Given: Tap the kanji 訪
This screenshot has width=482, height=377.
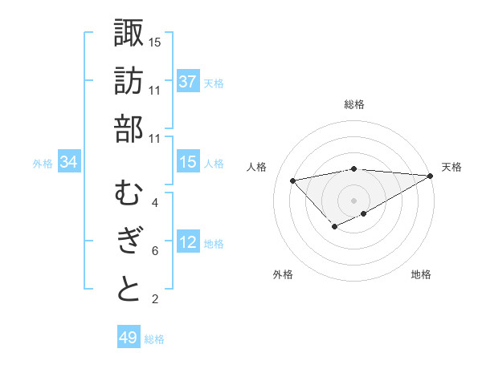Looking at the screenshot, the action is pos(129,81).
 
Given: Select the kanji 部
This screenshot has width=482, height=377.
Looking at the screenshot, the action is pos(129,129).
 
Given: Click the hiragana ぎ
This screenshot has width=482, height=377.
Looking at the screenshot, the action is pos(129,241).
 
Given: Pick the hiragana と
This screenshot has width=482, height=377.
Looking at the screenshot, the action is pos(129,290).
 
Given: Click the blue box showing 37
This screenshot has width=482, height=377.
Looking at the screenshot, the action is pos(187,82).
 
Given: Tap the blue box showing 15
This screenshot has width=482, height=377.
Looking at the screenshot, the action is pos(187,162).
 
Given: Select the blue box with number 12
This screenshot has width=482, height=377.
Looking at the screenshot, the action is pos(187,242).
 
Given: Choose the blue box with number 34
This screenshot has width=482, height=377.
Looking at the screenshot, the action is pos(69,162).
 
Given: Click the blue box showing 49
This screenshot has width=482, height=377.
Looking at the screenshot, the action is pos(128,338).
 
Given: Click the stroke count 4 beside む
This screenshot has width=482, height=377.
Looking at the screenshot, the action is pos(155,203).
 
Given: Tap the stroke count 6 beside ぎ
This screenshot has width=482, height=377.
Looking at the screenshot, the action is pos(155,251).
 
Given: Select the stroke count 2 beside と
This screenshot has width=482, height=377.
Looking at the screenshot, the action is pos(155,299).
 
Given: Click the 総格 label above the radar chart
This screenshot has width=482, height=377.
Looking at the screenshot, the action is pos(353,104).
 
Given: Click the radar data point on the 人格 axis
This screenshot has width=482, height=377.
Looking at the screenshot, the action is pos(292,180).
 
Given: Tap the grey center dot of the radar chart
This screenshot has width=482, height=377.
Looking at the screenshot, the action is pos(353,200).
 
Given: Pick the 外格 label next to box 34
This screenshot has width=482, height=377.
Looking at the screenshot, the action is pos(43,164).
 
